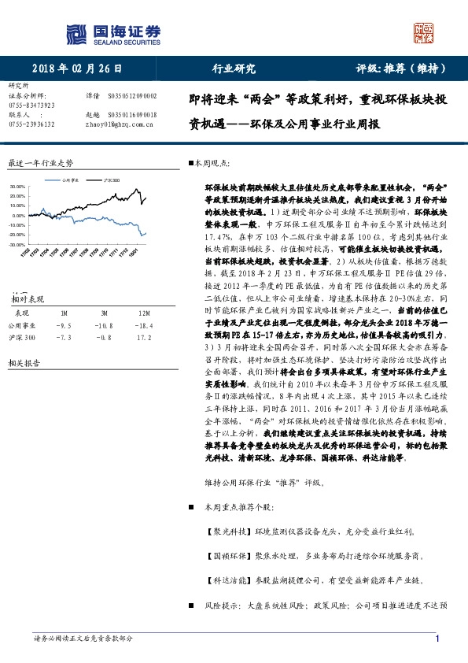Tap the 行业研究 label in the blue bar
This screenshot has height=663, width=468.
(234, 69)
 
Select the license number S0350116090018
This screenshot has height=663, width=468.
(131, 115)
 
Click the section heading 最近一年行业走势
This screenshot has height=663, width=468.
(40, 163)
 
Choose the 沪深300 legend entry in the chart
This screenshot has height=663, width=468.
(112, 180)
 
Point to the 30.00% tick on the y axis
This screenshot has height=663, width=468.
(17, 187)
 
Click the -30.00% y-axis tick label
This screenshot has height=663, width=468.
(17, 245)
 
